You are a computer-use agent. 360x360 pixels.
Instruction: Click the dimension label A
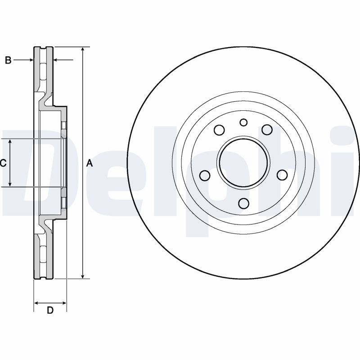pos(89,163)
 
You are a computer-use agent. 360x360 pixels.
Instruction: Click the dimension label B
pos(8,60)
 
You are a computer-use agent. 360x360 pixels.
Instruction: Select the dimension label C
pos(3,163)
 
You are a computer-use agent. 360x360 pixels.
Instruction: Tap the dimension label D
pos(50,310)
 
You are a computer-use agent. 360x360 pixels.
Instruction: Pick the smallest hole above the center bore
pos(243,122)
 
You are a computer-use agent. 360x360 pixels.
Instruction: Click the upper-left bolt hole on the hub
pos(219,130)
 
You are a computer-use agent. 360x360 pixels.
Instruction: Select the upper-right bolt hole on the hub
pos(267,130)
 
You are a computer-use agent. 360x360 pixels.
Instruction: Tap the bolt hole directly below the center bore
pos(243,203)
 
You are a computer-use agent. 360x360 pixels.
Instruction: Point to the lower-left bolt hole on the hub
pos(205,175)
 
